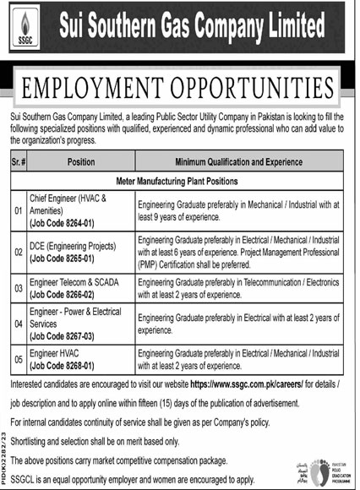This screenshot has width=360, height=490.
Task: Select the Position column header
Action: pos(81,159)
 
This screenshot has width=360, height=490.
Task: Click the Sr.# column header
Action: pos(17,159)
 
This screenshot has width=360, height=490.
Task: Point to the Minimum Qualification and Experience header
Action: pos(239,159)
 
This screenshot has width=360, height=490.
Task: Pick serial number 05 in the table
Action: pos(17,359)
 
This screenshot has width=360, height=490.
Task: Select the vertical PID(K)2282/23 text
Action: pos(5,444)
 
